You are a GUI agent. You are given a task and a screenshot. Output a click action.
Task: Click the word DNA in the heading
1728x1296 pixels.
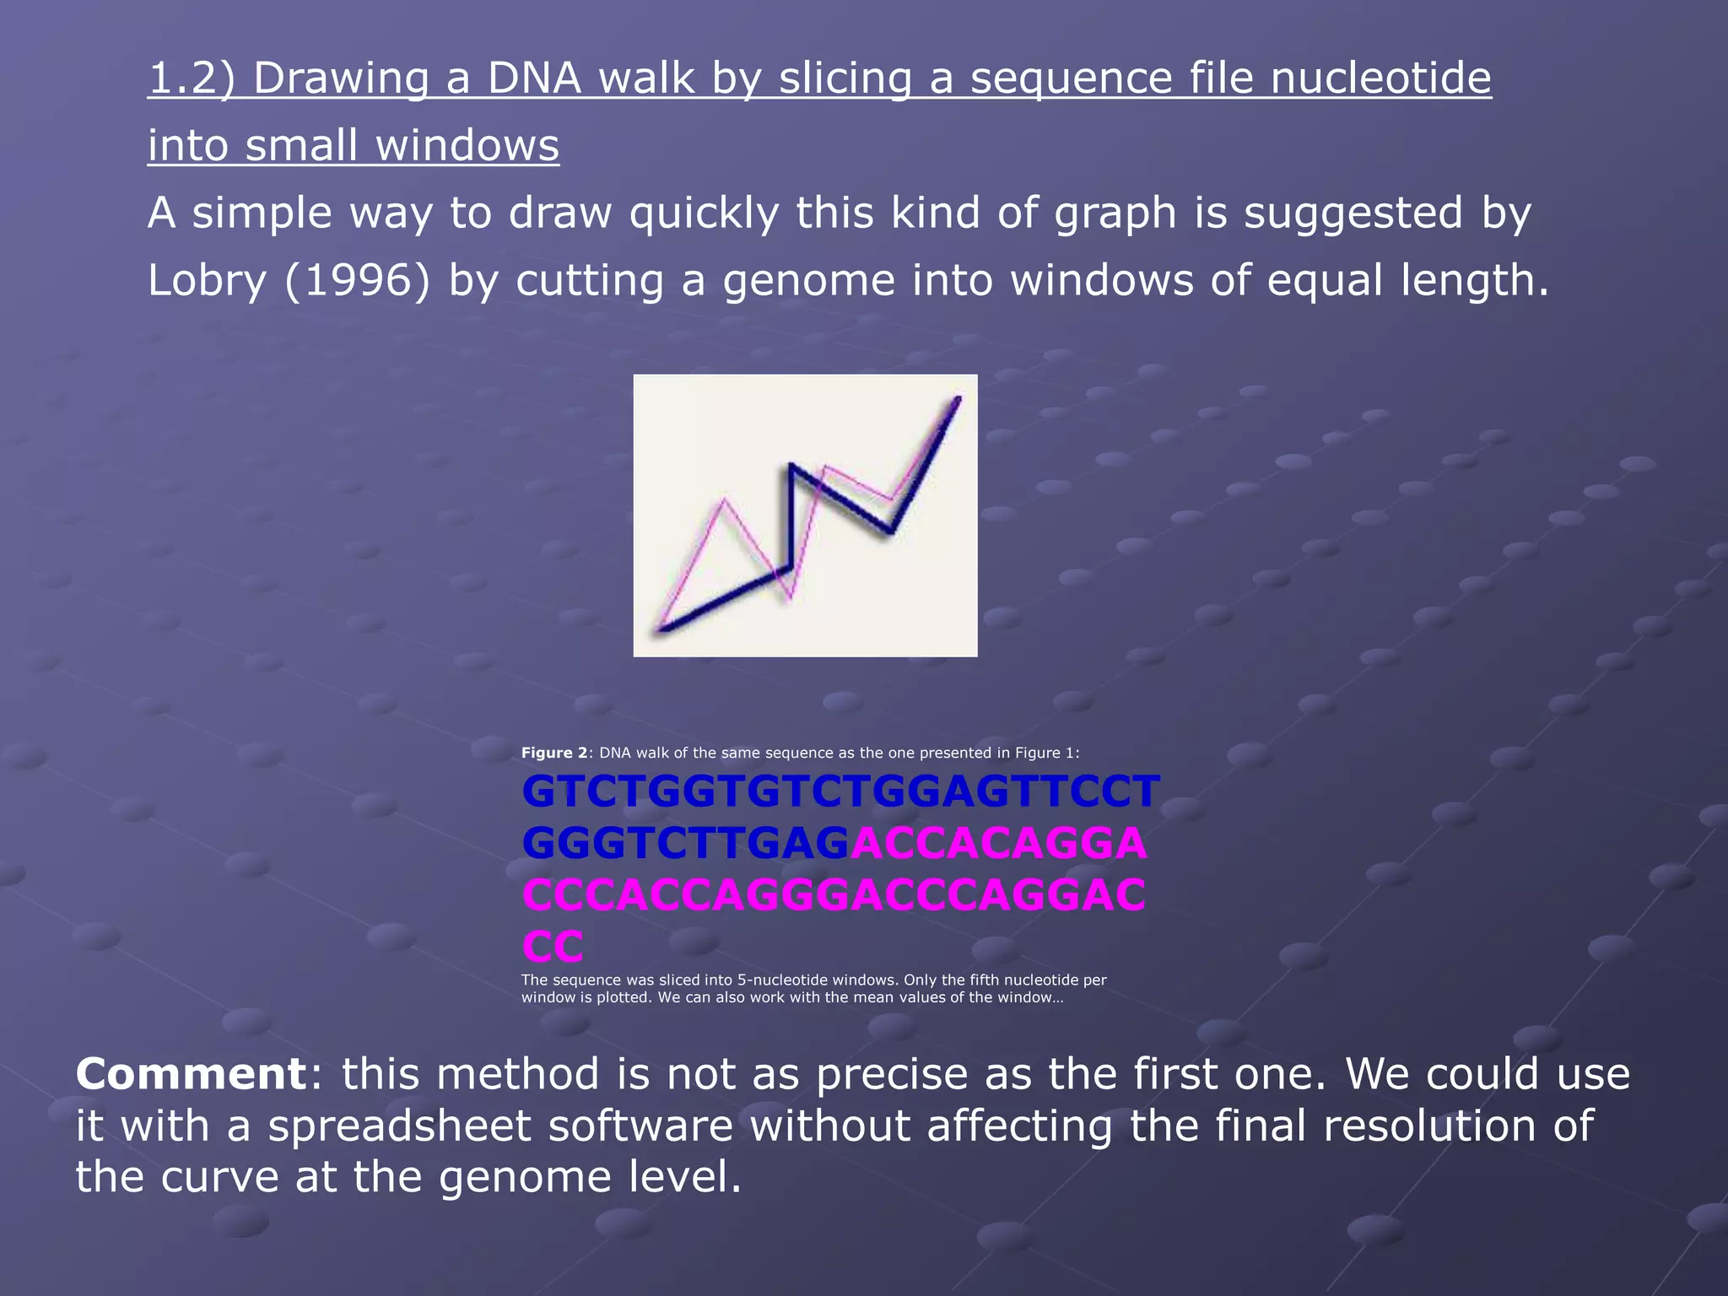[x=534, y=78]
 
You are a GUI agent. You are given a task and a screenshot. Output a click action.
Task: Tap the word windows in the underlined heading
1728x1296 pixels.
[x=467, y=146]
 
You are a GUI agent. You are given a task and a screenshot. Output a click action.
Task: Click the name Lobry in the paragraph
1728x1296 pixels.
[x=207, y=281]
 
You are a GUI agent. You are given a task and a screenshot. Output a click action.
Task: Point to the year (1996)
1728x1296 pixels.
[x=358, y=281]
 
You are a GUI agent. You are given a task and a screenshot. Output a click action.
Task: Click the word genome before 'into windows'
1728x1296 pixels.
[x=808, y=281]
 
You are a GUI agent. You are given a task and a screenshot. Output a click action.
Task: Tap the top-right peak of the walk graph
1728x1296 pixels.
[x=958, y=398]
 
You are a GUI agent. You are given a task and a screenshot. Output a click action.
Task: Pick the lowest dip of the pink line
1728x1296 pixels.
[x=790, y=599]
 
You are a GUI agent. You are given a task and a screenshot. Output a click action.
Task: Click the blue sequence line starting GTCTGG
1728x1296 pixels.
[x=840, y=792]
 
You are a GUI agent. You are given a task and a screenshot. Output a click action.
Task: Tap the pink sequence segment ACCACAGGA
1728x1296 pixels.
[x=999, y=844]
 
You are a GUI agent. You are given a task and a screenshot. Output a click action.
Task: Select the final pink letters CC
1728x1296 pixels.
[x=553, y=947]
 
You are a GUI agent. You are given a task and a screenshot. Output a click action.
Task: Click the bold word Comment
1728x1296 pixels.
[x=191, y=1074]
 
